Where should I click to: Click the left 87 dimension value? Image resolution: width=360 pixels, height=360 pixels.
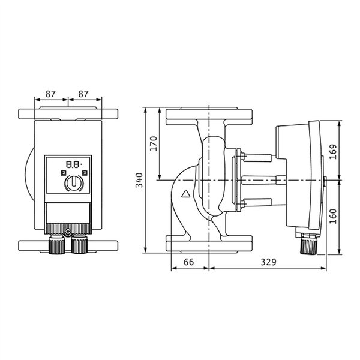pos(50,94)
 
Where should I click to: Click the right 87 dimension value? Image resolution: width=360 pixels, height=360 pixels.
pos(83,94)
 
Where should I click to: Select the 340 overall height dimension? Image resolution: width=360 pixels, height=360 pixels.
pos(139,180)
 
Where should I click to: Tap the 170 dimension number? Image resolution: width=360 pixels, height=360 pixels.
pos(154,143)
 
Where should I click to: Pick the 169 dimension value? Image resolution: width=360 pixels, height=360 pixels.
pos(332,152)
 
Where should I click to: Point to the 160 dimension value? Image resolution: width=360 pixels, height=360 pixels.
pos(332,216)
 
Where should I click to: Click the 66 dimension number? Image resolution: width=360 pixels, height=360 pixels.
pos(189,262)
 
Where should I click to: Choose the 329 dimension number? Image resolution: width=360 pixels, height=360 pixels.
pos(268,262)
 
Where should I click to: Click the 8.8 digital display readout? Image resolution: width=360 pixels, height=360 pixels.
pos(74,164)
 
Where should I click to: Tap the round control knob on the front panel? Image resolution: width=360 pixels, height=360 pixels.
pos(74,183)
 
